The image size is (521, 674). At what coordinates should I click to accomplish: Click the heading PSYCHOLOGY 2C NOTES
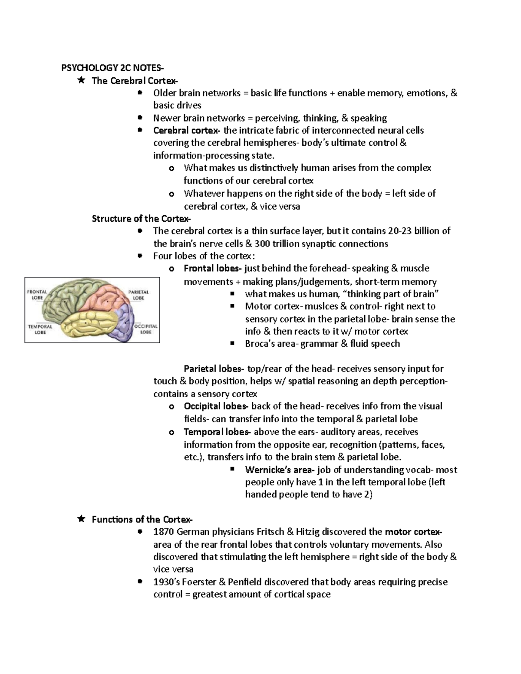click(x=112, y=68)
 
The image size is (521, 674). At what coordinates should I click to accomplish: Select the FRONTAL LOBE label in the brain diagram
click(x=37, y=295)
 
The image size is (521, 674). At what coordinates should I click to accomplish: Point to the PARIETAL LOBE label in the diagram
click(x=138, y=295)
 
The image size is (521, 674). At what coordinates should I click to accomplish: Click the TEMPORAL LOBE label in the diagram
click(x=40, y=329)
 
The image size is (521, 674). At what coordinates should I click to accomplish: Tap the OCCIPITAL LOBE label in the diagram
click(x=145, y=329)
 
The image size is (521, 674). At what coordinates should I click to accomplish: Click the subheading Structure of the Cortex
click(x=141, y=219)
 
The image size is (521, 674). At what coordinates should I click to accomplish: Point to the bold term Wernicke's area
click(x=279, y=470)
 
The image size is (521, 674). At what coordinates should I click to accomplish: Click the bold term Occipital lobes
click(x=216, y=407)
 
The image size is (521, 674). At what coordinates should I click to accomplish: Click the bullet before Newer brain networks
click(x=139, y=118)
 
